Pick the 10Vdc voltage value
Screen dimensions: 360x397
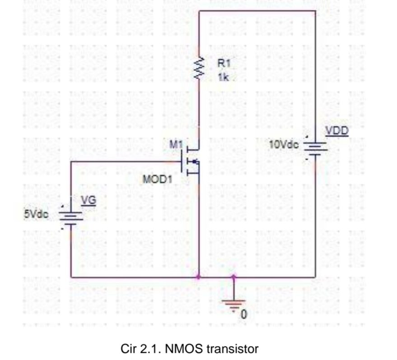click(x=283, y=145)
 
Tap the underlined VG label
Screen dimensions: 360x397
click(x=88, y=200)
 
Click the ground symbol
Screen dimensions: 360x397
click(x=233, y=302)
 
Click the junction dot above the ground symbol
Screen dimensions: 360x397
click(x=233, y=276)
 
